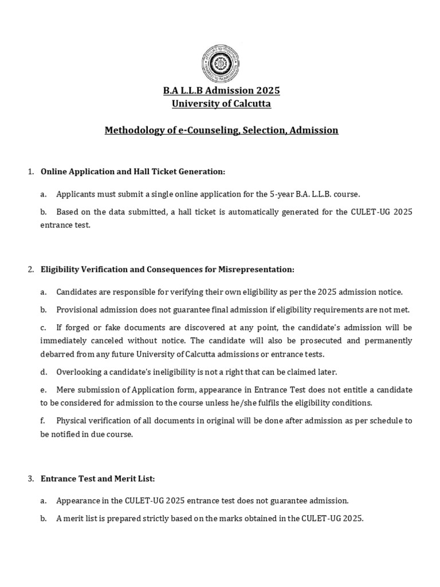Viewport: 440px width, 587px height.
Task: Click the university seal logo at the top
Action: pos(221,63)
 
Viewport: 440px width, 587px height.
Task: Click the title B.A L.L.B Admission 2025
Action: pos(221,91)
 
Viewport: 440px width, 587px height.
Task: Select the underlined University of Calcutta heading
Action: pos(221,104)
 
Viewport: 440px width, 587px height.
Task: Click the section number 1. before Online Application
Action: pos(31,171)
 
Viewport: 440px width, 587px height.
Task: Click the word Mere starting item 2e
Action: pos(66,390)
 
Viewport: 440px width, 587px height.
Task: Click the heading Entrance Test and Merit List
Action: pos(98,478)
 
